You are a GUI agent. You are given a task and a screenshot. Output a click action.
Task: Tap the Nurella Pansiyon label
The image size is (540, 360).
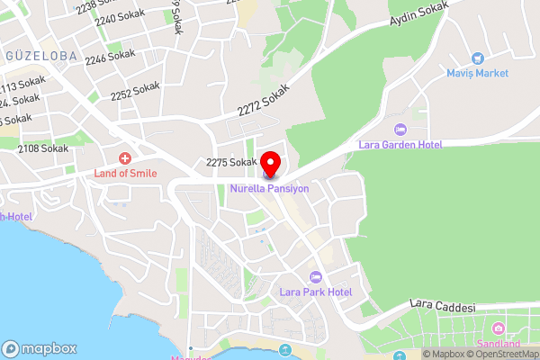tap(269, 189)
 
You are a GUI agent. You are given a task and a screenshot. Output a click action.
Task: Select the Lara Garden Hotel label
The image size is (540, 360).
tap(401, 144)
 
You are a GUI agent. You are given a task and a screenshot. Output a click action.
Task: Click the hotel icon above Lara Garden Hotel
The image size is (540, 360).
tap(401, 130)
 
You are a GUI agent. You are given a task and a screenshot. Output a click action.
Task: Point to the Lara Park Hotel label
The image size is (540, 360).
tap(315, 292)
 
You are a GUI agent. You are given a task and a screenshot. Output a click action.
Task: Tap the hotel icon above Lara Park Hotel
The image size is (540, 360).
tap(315, 276)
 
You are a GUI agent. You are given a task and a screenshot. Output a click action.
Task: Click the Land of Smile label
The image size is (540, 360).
tap(125, 172)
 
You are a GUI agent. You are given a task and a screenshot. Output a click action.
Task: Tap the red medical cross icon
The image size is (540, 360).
tap(125, 157)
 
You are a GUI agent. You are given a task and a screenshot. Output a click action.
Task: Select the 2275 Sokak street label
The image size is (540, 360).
tap(232, 163)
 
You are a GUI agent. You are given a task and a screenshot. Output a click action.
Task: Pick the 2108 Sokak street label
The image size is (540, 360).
tap(42, 148)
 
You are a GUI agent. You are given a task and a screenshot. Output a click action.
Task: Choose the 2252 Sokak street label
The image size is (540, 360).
tap(135, 91)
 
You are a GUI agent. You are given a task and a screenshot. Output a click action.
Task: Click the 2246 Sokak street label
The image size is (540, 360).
tap(110, 56)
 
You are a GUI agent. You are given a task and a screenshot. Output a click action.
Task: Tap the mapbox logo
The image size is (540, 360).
tap(40, 348)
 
